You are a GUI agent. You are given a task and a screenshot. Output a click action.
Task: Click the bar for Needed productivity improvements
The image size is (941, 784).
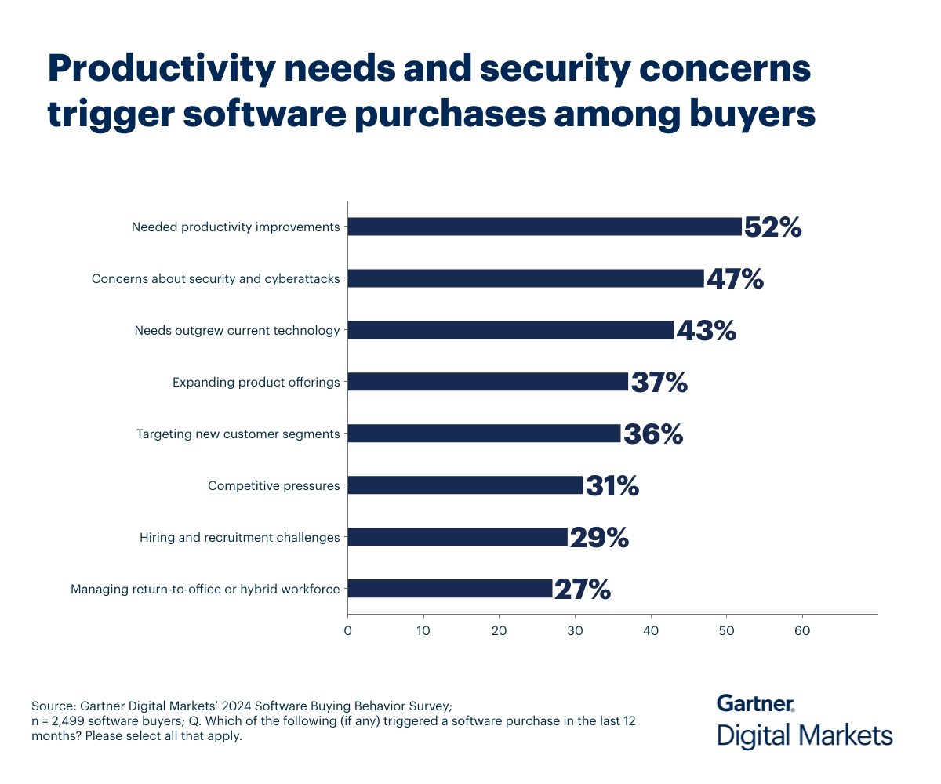point(544,227)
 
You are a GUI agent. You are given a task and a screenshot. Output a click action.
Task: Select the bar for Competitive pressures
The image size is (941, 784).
point(465,485)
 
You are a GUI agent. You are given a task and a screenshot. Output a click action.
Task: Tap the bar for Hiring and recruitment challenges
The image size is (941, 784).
point(457,537)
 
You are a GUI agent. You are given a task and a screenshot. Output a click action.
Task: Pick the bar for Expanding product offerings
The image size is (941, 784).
point(488,382)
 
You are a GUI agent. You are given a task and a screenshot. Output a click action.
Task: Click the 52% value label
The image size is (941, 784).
point(772,227)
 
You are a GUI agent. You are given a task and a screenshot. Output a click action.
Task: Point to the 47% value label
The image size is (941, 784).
point(735,279)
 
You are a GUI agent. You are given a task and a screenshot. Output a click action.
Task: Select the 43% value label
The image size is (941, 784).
point(706,331)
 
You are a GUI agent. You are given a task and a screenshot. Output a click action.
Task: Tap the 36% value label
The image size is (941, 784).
point(652,434)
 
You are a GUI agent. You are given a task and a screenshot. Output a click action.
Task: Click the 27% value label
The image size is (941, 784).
point(582,590)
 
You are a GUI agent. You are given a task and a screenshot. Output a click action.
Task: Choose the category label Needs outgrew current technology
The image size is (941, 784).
point(237,331)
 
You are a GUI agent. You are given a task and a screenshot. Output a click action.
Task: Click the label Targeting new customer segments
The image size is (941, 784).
point(238,434)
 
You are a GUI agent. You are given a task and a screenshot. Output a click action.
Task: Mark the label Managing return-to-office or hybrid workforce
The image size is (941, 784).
point(205,590)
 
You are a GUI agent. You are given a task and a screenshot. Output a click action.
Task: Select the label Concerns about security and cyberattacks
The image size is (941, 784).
point(216,279)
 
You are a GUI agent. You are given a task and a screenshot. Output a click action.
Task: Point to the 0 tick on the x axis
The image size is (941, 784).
point(347,630)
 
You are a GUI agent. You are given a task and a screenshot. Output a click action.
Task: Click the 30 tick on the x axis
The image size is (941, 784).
point(575,630)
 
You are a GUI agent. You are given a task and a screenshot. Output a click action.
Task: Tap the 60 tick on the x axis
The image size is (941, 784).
point(802,630)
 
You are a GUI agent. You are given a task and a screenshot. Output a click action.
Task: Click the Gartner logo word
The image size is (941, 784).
point(755,703)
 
